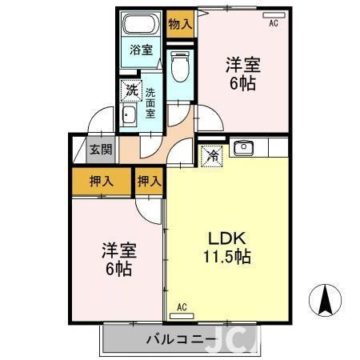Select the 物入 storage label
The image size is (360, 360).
(180, 24)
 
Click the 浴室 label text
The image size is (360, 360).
(141, 50)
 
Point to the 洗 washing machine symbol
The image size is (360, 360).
(130, 90)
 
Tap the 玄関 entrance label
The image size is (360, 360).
(100, 150)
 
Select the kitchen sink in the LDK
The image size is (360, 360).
(242, 148)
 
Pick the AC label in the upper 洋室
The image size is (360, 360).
(274, 24)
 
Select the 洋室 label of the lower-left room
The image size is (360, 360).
(118, 249)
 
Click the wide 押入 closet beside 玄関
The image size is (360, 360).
(101, 182)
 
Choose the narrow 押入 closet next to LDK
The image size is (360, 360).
(150, 182)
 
